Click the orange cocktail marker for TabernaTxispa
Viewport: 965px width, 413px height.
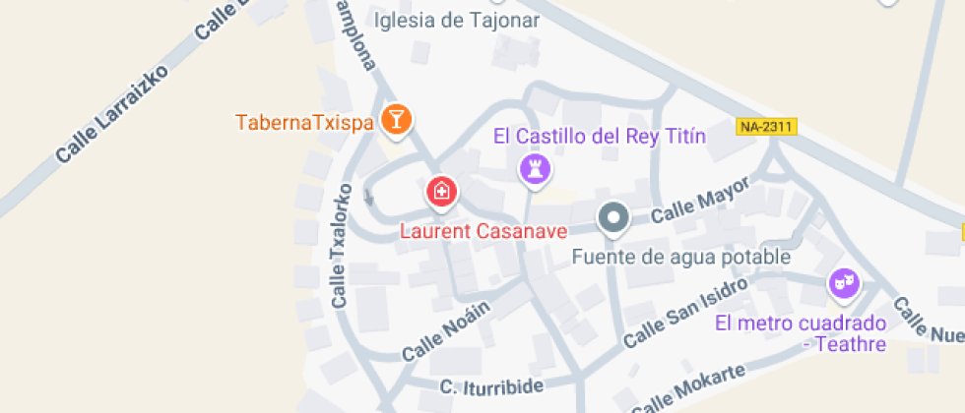[396, 120]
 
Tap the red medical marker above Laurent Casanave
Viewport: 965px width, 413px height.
[440, 191]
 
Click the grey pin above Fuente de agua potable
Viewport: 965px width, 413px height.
[614, 217]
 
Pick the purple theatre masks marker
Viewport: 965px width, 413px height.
[842, 284]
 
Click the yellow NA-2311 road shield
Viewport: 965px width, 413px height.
[766, 127]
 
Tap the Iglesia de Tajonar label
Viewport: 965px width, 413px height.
[457, 21]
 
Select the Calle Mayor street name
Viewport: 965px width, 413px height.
[700, 200]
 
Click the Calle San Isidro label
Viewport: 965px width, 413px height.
[679, 311]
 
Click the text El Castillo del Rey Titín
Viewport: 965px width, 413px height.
[600, 136]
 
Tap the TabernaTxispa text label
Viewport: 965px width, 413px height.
[304, 123]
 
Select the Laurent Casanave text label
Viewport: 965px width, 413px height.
[483, 232]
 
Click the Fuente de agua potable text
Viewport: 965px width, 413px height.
[682, 258]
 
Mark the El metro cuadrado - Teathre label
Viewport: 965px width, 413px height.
[802, 333]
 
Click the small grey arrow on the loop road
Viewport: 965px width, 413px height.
[369, 196]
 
